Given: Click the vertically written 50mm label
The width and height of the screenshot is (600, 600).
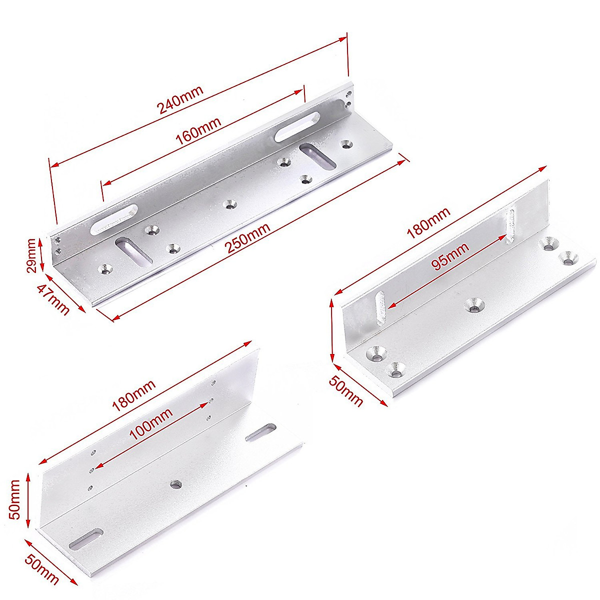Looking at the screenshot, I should coord(15,499).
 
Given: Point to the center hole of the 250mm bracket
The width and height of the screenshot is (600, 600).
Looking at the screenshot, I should coord(230,204).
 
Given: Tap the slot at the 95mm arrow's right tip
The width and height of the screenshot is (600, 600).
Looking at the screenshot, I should coord(510,225).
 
